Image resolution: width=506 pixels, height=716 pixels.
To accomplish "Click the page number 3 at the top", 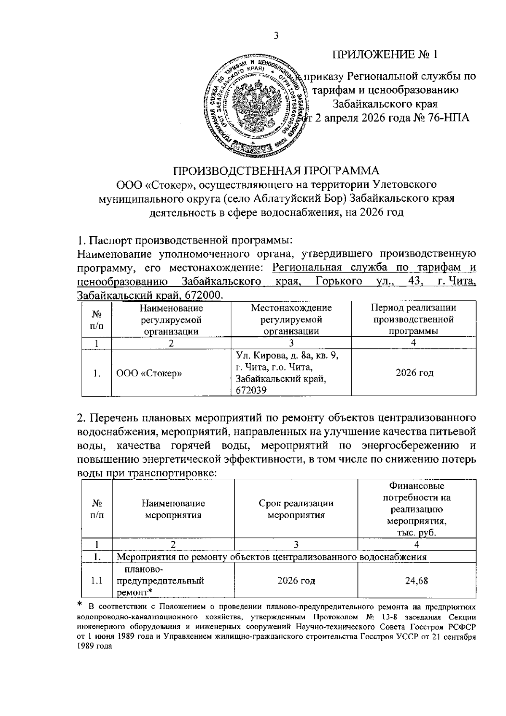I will point(276,35).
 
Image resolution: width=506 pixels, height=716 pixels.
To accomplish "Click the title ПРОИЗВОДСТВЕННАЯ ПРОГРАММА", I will point(277,171).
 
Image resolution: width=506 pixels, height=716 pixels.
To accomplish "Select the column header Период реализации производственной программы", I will point(413,319).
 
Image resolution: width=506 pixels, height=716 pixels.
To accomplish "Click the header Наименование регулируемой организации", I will point(171,319).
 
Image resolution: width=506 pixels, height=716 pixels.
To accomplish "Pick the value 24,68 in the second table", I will point(416,581).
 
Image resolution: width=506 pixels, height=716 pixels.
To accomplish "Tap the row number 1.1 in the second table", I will point(97,581).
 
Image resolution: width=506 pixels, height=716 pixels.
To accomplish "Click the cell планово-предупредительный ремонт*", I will point(160,581).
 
